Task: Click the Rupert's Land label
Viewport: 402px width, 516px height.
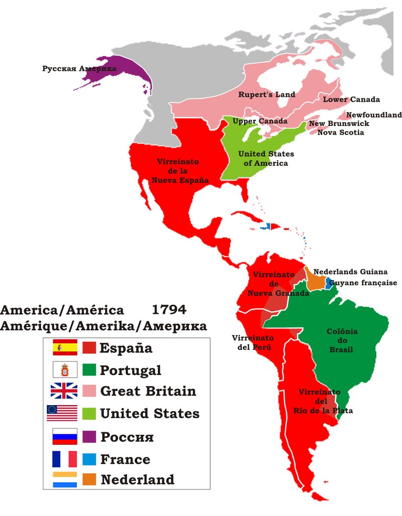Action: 266,94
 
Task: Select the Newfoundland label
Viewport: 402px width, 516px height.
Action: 374,115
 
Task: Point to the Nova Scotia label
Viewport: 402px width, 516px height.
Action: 340,133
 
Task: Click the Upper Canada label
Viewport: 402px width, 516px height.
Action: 260,121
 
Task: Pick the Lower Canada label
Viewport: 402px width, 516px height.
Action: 351,99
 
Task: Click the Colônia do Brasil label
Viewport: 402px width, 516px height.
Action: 342,340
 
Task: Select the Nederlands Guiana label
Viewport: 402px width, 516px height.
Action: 343,272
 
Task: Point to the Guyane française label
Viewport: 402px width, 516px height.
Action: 363,283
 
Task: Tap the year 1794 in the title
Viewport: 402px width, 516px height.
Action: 168,309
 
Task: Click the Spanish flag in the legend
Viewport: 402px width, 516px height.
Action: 65,347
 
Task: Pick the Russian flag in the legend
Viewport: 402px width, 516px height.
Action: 64,436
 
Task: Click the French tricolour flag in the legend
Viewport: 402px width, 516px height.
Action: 64,459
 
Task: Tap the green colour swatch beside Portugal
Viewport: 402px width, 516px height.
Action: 89,370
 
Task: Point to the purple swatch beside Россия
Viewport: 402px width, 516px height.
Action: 89,436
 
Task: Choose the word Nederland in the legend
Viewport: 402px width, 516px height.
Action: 137,479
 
